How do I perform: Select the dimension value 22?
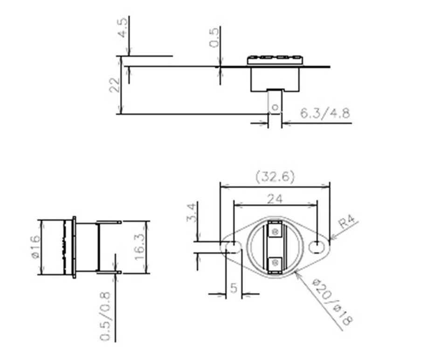coord(115,85)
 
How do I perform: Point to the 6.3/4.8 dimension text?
coord(325,113)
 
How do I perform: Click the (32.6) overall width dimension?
coord(275,177)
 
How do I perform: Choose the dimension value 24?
coord(275,198)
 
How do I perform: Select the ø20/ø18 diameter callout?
coord(332,302)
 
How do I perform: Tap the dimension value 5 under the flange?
coord(234,287)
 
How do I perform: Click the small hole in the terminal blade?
coord(275,108)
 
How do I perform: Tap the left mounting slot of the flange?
coord(232,246)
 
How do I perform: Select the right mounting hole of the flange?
coord(317,246)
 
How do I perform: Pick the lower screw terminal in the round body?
coord(275,262)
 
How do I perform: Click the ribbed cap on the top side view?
coord(275,59)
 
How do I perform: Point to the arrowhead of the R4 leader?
coord(331,239)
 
